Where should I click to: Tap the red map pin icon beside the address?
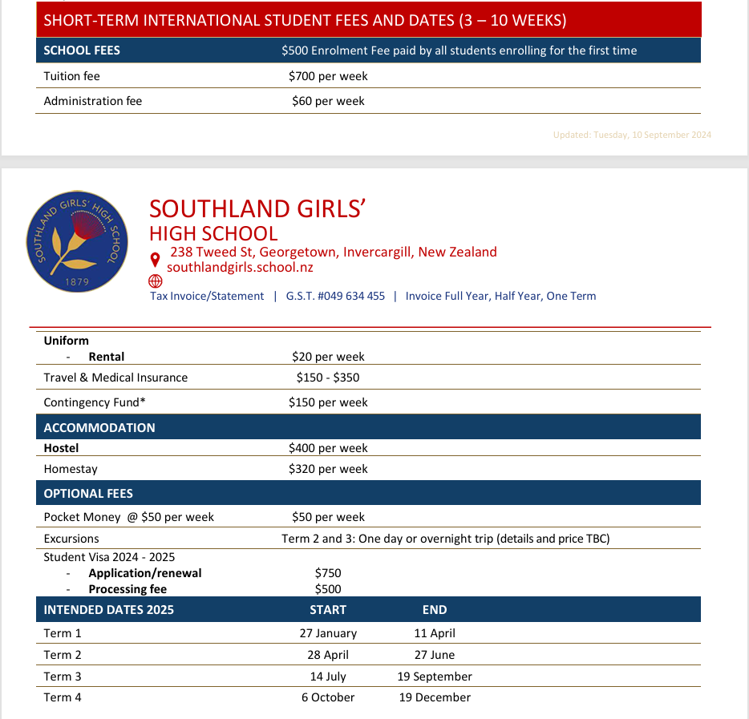156,260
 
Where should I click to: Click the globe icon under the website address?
156,281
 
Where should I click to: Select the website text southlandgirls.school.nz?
240,268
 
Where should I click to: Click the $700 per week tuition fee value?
328,76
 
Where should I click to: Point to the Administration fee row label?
92,101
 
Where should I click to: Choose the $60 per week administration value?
328,101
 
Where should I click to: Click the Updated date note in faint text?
632,135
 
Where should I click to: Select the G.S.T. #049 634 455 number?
335,296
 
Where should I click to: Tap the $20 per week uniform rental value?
328,357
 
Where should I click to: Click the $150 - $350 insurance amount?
328,378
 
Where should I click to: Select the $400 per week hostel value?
328,448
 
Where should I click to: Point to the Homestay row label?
71,469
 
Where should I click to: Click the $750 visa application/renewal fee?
328,573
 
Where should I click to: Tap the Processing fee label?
128,589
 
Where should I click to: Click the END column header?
435,610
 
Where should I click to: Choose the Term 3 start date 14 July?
328,677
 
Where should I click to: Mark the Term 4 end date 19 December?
435,697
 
